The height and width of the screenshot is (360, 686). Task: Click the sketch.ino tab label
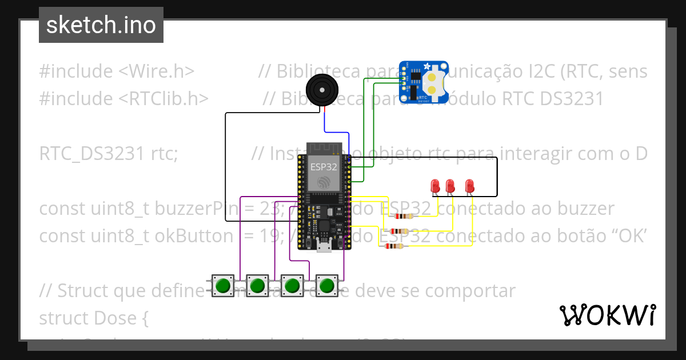tap(101, 25)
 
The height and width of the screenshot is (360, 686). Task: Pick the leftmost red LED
tap(434, 186)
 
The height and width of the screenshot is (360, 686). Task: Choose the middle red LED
tap(450, 186)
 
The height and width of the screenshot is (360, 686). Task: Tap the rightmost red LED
tap(469, 186)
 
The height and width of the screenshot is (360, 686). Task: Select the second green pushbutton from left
tap(258, 285)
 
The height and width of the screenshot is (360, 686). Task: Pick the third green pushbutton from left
tap(293, 285)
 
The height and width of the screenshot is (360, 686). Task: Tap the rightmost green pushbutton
tap(327, 285)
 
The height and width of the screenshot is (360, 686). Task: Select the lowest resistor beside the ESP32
tap(393, 246)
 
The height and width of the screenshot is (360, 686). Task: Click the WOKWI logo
tap(607, 315)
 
